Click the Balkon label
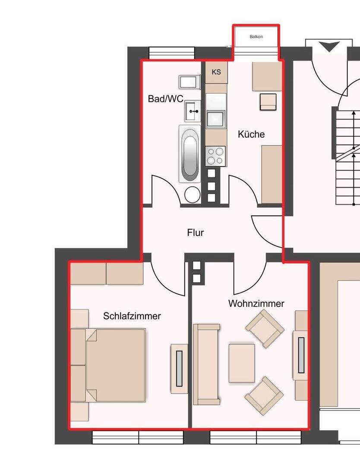pyautogui.click(x=256, y=37)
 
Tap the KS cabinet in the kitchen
pyautogui.click(x=216, y=72)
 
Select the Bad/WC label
pyautogui.click(x=165, y=99)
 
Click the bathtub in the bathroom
pyautogui.click(x=190, y=154)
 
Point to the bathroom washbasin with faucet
pyautogui.click(x=193, y=111)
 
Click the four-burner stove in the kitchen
pyautogui.click(x=215, y=156)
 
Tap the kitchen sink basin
pyautogui.click(x=215, y=119)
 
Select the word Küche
pyautogui.click(x=251, y=134)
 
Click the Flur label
pyautogui.click(x=196, y=233)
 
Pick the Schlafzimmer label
pyautogui.click(x=132, y=316)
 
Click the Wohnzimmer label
pyautogui.click(x=256, y=303)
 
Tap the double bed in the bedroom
pyautogui.click(x=116, y=365)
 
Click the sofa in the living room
pyautogui.click(x=206, y=364)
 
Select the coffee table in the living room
pyautogui.click(x=242, y=363)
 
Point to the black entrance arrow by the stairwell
pyautogui.click(x=328, y=47)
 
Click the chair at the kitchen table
pyautogui.click(x=268, y=102)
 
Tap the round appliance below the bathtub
pyautogui.click(x=193, y=195)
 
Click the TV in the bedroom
pyautogui.click(x=179, y=368)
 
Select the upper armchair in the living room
pyautogui.click(x=265, y=328)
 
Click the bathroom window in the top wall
pyautogui.click(x=172, y=53)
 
